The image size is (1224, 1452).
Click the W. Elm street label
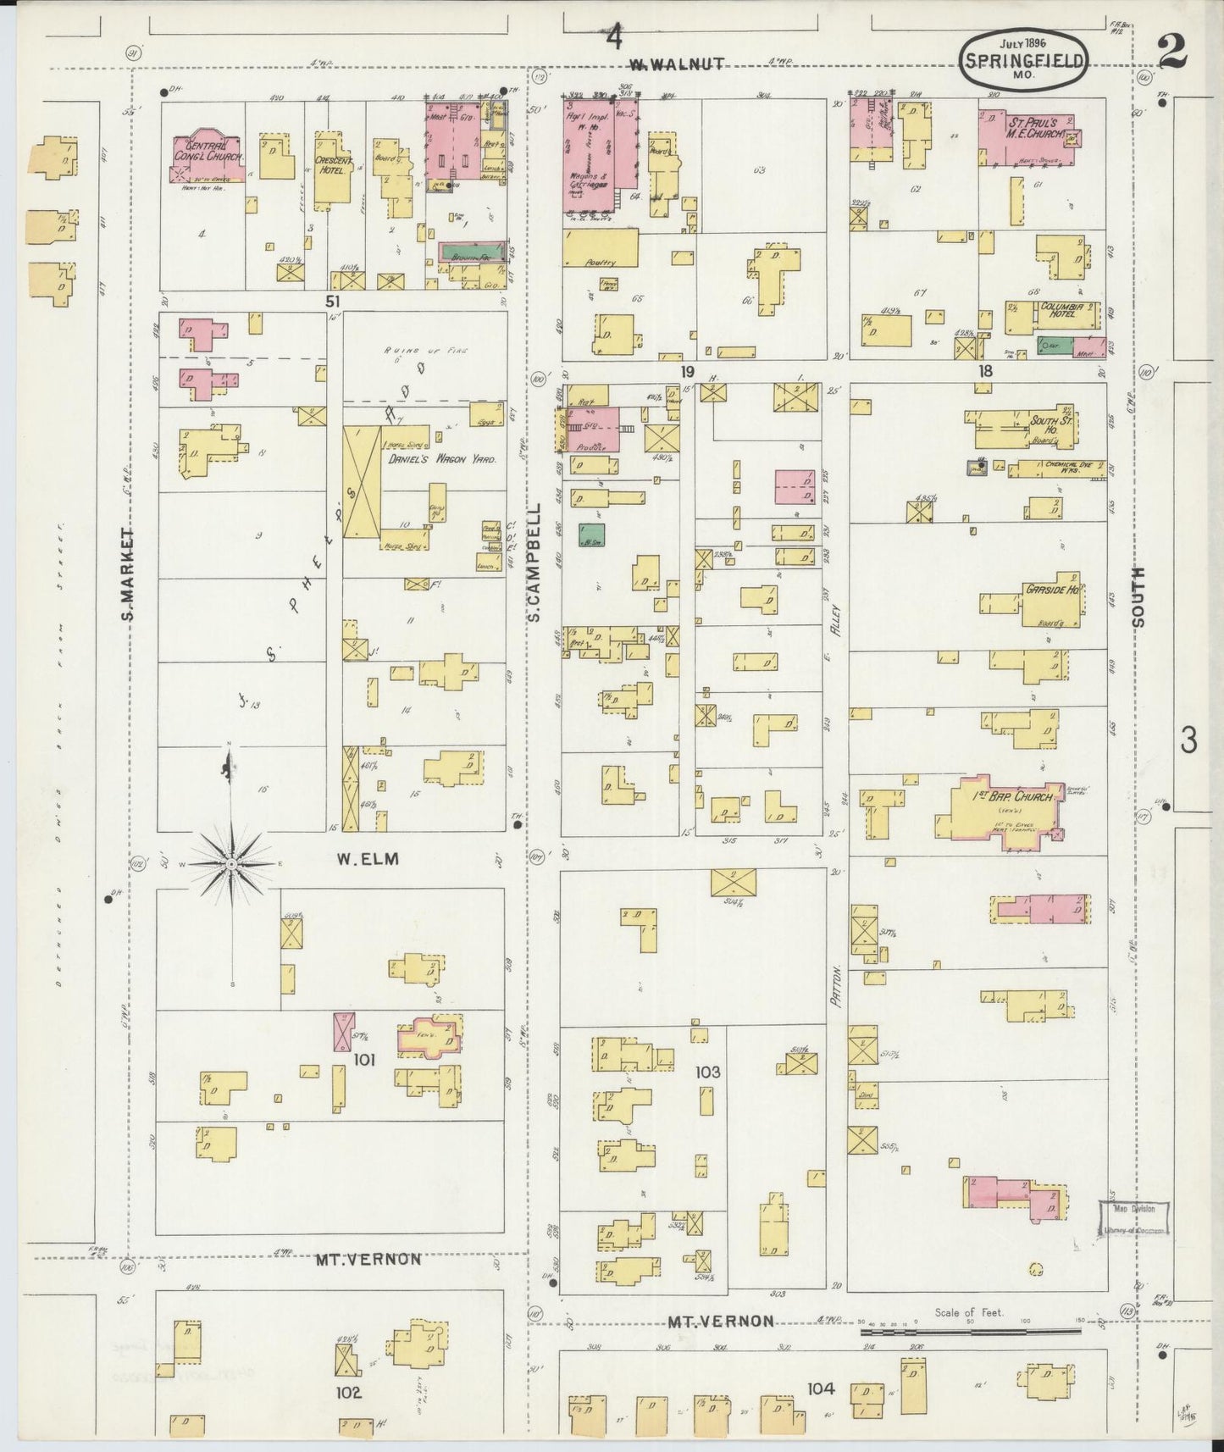[367, 859]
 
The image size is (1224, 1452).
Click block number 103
[707, 1072]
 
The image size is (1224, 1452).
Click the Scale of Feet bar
[970, 1333]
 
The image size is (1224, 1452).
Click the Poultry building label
[599, 263]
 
